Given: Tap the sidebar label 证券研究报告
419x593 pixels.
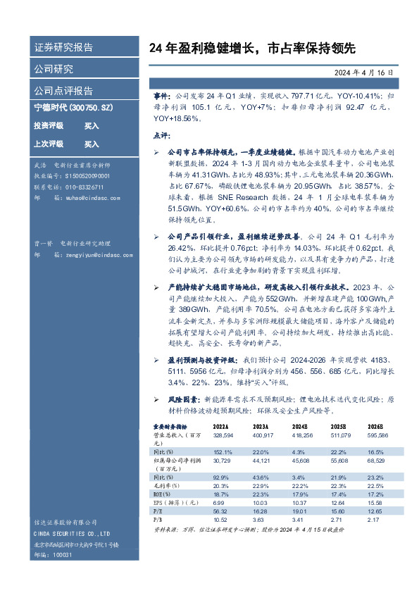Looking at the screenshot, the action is pyautogui.click(x=63, y=47).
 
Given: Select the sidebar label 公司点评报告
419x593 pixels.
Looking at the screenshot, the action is pyautogui.click(x=63, y=90).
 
